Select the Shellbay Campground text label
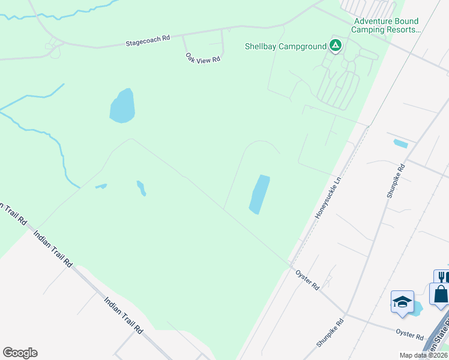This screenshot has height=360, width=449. pyautogui.click(x=285, y=46)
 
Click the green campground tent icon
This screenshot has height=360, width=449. pyautogui.click(x=335, y=46)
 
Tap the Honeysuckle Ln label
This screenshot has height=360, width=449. pyautogui.click(x=328, y=196)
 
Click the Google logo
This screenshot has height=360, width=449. pyautogui.click(x=20, y=353)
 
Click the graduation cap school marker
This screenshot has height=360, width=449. pyautogui.click(x=402, y=301)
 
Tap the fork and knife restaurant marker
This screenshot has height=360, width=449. pyautogui.click(x=441, y=277)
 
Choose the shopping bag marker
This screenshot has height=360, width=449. pyautogui.click(x=440, y=295)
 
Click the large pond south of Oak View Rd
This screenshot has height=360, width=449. pyautogui.click(x=122, y=106)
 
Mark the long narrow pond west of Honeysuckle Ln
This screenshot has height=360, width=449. pyautogui.click(x=259, y=194)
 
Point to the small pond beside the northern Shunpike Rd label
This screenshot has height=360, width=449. pyautogui.click(x=400, y=143)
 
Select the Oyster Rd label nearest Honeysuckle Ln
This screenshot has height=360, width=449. pyautogui.click(x=307, y=280)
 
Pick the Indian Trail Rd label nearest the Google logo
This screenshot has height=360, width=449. pyautogui.click(x=122, y=315)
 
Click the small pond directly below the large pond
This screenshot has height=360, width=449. pyautogui.click(x=141, y=188)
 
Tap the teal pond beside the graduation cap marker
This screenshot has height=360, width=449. pyautogui.click(x=415, y=308)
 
